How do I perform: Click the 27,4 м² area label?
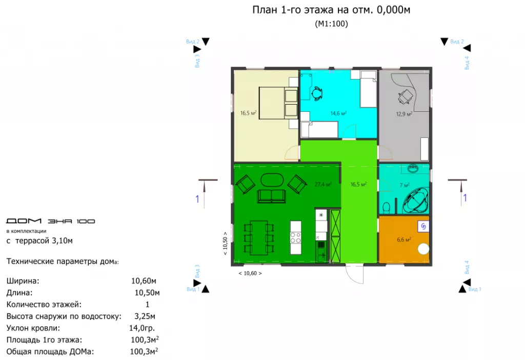tap(323, 184)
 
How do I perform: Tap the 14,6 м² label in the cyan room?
tap(338, 113)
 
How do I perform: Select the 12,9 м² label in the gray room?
tap(404, 114)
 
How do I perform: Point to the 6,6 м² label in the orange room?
tap(404, 239)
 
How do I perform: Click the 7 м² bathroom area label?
tap(405, 185)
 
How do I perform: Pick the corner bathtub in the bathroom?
tap(416, 201)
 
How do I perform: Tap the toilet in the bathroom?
tap(387, 208)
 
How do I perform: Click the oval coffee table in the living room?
tap(272, 179)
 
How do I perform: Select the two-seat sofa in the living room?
tap(272, 196)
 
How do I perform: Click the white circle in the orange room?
tap(423, 249)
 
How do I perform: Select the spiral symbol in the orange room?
tap(423, 226)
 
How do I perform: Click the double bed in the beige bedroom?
tap(278, 103)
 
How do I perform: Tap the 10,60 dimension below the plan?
tap(250, 273)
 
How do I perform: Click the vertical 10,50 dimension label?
tap(225, 244)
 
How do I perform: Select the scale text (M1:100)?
tap(331, 24)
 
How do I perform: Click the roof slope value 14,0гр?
tap(142, 328)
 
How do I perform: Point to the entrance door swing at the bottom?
tap(355, 274)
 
